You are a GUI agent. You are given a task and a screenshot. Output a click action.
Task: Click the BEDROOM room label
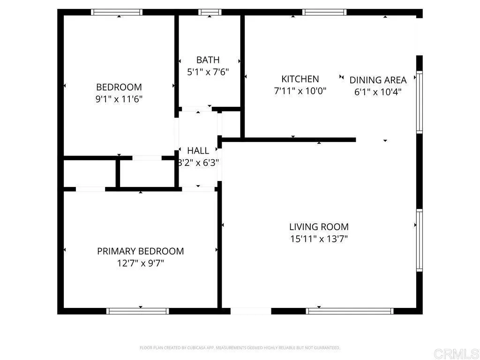tap(119, 87)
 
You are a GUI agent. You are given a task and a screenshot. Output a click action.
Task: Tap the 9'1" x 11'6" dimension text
tap(119, 99)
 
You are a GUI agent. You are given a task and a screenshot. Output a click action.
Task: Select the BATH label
tap(208, 60)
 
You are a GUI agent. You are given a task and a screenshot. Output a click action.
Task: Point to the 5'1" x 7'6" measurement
tap(208, 72)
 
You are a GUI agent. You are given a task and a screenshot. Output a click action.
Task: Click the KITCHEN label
tap(300, 79)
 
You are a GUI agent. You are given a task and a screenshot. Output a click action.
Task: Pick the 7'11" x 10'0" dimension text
tap(300, 91)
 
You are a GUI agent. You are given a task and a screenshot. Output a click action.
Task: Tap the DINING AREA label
tap(378, 80)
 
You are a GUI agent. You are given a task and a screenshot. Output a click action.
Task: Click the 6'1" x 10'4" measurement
tap(378, 92)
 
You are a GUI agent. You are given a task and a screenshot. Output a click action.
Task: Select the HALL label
tap(198, 151)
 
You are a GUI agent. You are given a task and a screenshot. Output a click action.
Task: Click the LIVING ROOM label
tap(319, 227)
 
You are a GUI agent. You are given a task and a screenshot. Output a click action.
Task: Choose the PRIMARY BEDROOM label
tap(140, 251)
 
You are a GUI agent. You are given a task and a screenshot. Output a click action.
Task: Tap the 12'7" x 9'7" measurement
tap(140, 263)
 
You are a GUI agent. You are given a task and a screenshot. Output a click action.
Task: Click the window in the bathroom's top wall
tap(210, 12)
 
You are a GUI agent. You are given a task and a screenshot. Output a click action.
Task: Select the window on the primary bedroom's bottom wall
tap(138, 311)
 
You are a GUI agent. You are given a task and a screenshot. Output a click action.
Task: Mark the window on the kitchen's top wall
tap(324, 12)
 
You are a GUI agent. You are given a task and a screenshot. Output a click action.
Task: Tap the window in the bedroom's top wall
tap(117, 12)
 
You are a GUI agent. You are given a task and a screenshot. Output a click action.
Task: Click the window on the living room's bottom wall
tap(350, 311)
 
